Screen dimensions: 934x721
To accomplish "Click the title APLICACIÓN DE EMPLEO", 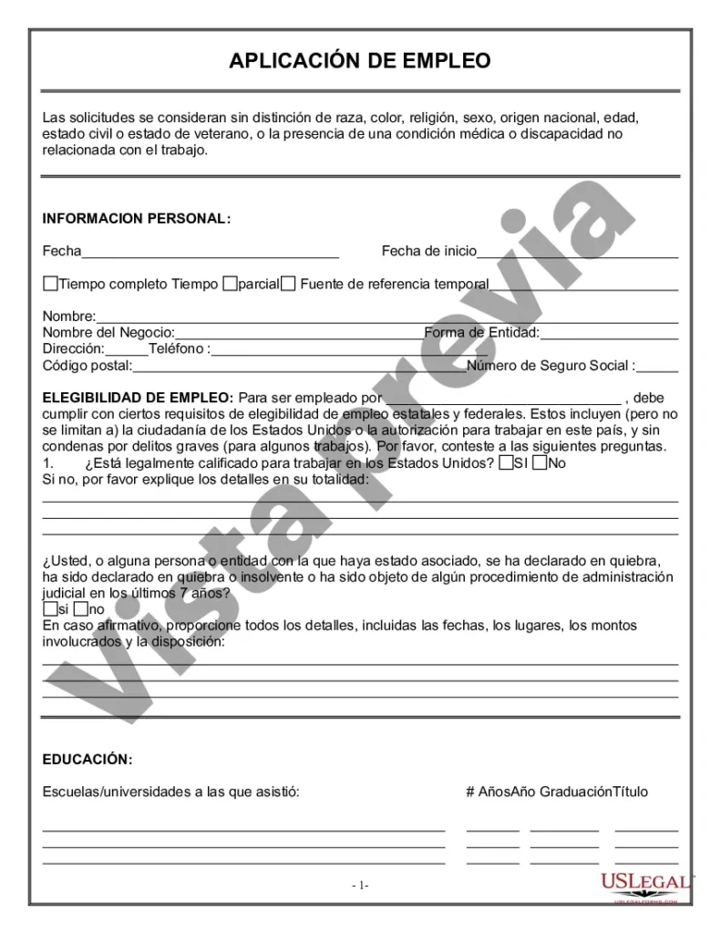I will pos(360,61).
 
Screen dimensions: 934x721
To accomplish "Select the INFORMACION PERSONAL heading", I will pos(137,219).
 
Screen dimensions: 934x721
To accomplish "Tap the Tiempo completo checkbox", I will pos(50,284).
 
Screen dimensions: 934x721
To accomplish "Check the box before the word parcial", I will pos(231,284).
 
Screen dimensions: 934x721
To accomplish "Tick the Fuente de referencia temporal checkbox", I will pos(288,284).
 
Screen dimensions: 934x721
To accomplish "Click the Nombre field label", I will pos(63,317).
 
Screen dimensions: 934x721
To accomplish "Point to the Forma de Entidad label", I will pos(481,333).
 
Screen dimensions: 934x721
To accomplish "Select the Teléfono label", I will pos(180,349).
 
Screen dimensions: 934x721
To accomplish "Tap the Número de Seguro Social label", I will pos(551,366).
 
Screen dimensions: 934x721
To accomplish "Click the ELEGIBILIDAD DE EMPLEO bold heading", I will pos(138,398).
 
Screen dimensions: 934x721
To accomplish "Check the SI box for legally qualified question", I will pos(506,463).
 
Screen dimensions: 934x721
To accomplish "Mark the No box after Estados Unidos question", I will pos(541,463).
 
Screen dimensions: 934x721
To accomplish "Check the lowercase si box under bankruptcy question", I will pos(49,609).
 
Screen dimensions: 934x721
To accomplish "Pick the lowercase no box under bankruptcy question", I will pos(81,609).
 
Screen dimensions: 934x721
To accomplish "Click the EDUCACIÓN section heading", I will pos(88,759).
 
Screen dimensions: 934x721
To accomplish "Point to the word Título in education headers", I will pos(630,792).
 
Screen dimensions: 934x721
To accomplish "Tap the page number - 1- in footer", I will pos(360,885).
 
